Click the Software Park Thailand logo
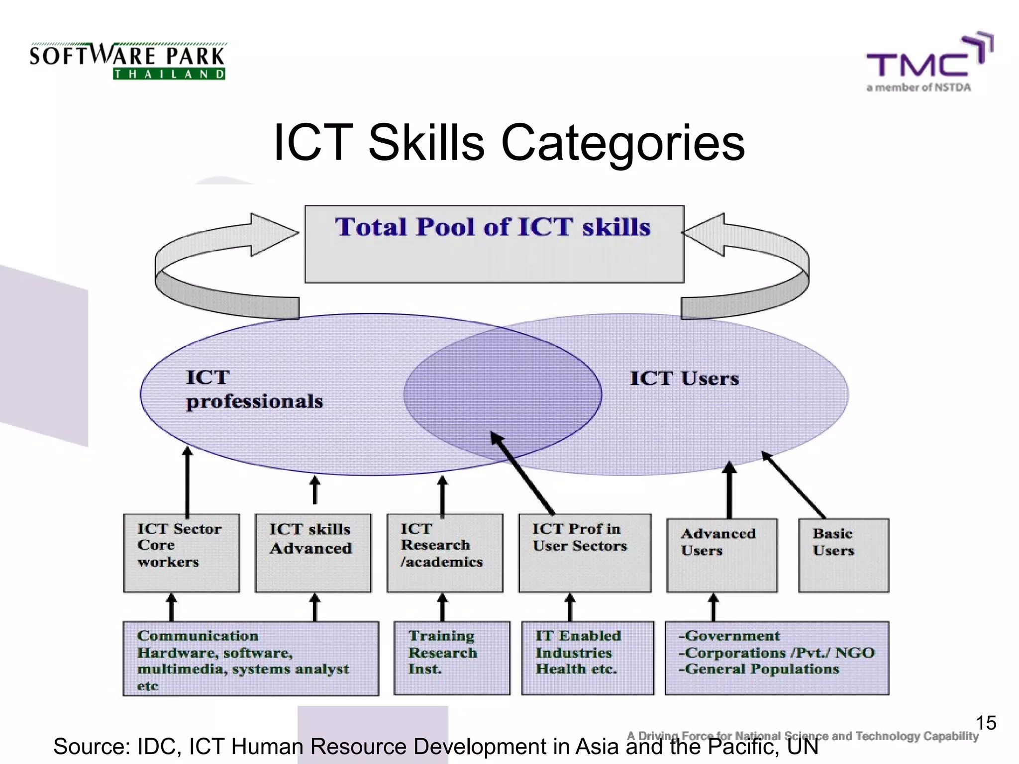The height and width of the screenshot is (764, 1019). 127,61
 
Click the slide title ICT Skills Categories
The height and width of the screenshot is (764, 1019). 509,143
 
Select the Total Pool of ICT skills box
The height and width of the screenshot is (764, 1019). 494,244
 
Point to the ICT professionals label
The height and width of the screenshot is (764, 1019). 254,389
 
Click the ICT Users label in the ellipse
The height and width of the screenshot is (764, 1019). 684,379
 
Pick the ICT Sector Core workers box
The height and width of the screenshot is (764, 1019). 182,553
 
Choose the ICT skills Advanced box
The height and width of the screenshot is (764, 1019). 313,553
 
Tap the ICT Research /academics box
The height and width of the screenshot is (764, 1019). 445,553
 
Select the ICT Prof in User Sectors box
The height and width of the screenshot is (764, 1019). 585,553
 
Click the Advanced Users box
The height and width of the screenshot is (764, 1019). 721,555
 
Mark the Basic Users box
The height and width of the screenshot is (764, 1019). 843,555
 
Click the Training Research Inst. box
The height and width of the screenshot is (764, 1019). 451,658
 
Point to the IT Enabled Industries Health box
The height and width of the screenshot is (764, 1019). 587,658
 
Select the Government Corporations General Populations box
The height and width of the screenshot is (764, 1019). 777,658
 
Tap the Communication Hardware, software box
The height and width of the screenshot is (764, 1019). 251,658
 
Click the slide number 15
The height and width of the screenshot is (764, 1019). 986,723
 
